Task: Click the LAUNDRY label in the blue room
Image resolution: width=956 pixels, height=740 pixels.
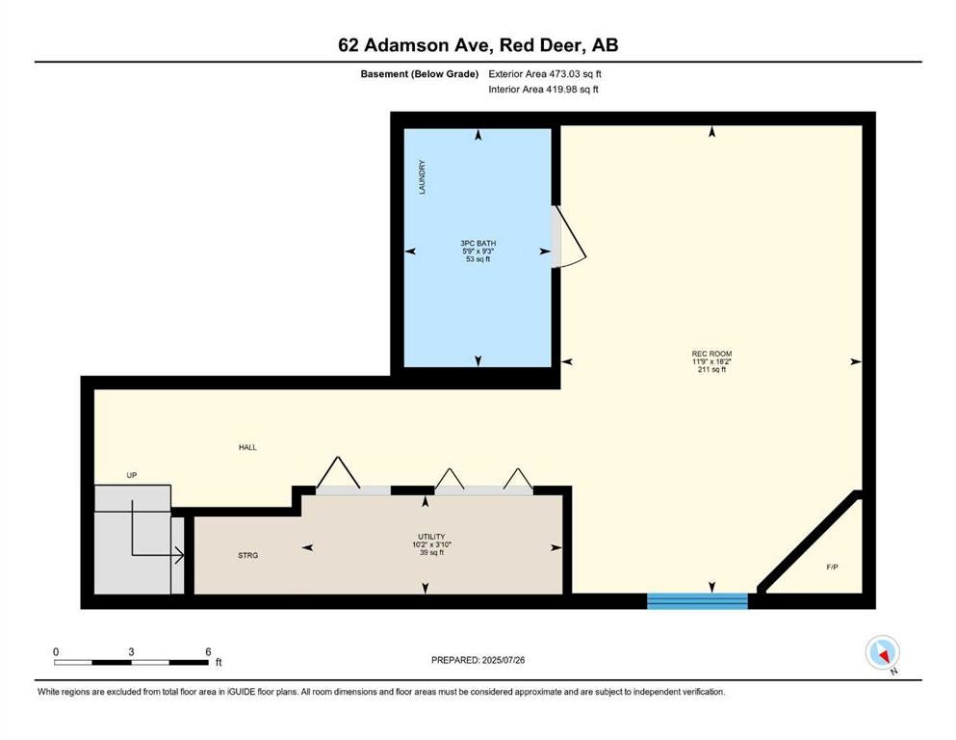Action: [422, 177]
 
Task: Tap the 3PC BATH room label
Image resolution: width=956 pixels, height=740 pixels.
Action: [478, 244]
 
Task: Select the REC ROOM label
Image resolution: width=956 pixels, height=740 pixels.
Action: [711, 354]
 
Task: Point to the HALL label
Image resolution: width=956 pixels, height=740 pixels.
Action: [247, 447]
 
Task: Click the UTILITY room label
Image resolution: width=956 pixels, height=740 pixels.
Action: [431, 537]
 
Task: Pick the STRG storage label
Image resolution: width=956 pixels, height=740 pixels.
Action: [248, 555]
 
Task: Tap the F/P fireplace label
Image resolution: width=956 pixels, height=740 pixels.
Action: [832, 567]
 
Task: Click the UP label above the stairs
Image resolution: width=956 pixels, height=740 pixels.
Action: [132, 475]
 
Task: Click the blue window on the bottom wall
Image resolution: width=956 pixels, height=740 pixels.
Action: [697, 601]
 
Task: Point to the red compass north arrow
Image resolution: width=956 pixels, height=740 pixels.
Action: [882, 655]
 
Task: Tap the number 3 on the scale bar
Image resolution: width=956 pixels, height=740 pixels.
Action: [131, 651]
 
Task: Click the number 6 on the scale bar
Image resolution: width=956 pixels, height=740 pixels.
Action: [208, 651]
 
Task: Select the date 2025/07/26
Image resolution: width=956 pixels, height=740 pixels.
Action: [503, 660]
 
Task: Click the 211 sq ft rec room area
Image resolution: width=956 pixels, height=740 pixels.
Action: [711, 370]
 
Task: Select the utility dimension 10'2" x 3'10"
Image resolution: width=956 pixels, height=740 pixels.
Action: [431, 544]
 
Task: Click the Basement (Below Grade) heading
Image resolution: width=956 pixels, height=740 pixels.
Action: [420, 74]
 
